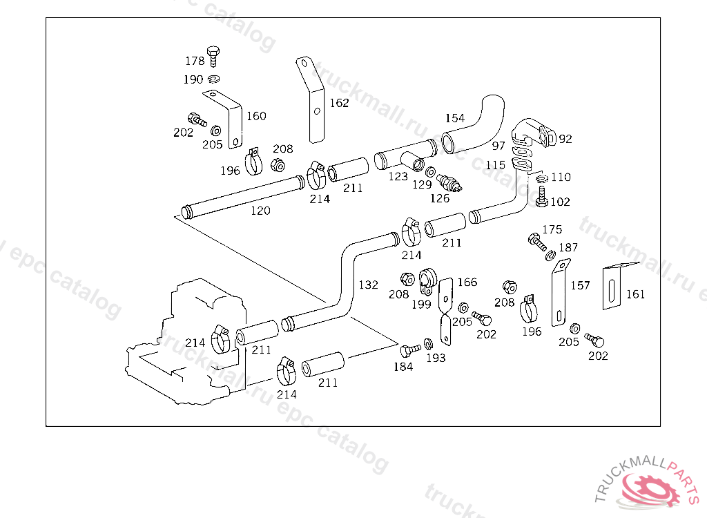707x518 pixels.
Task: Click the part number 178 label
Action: [x=195, y=61]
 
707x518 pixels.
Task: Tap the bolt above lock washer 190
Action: [x=213, y=55]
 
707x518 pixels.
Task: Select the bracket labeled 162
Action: [x=312, y=100]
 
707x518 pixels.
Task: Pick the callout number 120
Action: [x=260, y=211]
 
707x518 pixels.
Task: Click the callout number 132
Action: [x=368, y=284]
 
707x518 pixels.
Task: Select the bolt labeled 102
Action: [x=541, y=200]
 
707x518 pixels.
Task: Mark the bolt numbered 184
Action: [x=408, y=349]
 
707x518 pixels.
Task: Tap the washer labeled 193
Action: [x=428, y=344]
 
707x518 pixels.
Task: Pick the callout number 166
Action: [x=467, y=282]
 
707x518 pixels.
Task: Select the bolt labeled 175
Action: [x=536, y=242]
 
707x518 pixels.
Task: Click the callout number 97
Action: [x=498, y=146]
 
